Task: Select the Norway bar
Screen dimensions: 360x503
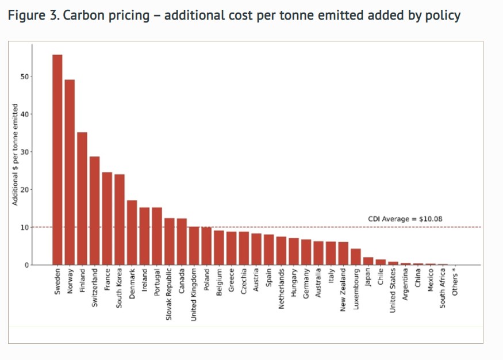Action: point(70,173)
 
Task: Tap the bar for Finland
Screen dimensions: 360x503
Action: point(82,199)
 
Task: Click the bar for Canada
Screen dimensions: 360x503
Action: point(182,242)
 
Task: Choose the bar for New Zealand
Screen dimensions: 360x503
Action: point(343,254)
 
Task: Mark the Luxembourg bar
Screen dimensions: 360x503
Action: point(356,257)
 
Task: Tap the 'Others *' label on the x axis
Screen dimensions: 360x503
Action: point(455,282)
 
